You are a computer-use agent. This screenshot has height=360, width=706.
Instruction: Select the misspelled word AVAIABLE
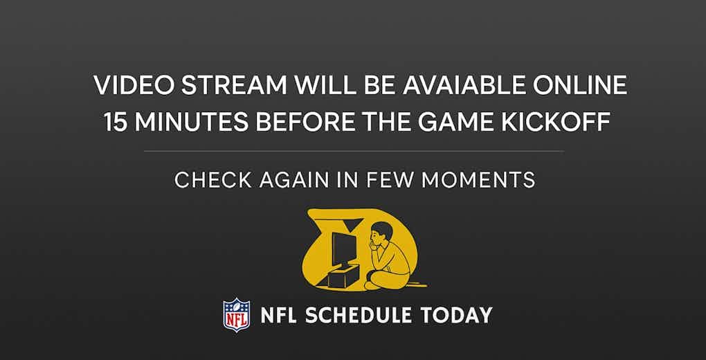pos(464,85)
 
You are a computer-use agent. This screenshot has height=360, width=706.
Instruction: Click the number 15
pos(116,122)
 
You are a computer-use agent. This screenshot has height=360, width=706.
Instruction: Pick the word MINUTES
pos(191,122)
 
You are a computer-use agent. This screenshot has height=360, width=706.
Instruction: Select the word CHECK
pos(213,180)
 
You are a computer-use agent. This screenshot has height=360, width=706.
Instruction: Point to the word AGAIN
pos(294,180)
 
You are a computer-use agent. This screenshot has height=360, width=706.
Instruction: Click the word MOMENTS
pos(478,180)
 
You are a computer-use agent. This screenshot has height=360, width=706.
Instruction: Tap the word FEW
pos(390,180)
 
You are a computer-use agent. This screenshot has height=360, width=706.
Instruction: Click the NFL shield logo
pos(237,315)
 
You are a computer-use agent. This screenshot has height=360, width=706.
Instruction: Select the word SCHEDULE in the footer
pos(358,315)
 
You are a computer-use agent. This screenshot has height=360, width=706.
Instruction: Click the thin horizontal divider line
pos(354,152)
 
